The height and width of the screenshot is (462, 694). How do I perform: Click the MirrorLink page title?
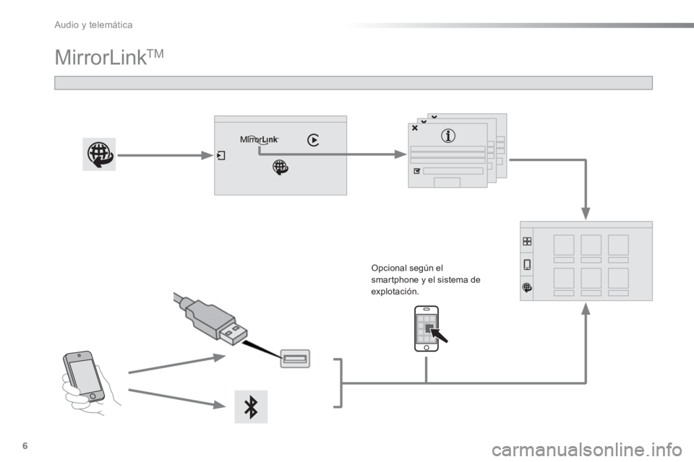pos(109,58)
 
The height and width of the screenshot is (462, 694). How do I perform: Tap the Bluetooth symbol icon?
pos(251,406)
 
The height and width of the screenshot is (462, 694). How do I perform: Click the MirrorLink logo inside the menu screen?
pos(260,140)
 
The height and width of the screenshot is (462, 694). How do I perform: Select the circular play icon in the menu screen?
pos(313,140)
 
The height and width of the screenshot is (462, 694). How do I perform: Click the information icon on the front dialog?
pos(448,136)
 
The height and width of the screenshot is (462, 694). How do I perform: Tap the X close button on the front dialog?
pos(415,128)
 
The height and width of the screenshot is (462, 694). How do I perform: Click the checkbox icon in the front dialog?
pos(416,170)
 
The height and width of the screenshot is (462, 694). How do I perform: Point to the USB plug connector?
pos(210,318)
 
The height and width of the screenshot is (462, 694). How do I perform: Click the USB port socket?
pos(295,359)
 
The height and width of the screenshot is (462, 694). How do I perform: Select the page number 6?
pos(25,445)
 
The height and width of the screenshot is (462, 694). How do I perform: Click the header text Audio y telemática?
pos(93,25)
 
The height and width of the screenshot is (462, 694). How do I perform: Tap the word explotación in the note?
pos(395,292)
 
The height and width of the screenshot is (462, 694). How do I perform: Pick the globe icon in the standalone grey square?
pos(99,154)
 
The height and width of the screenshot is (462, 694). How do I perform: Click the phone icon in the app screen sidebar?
pos(527,264)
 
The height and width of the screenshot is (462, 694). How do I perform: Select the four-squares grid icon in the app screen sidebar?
pos(527,241)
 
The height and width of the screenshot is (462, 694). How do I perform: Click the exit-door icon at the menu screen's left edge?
pos(221,156)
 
